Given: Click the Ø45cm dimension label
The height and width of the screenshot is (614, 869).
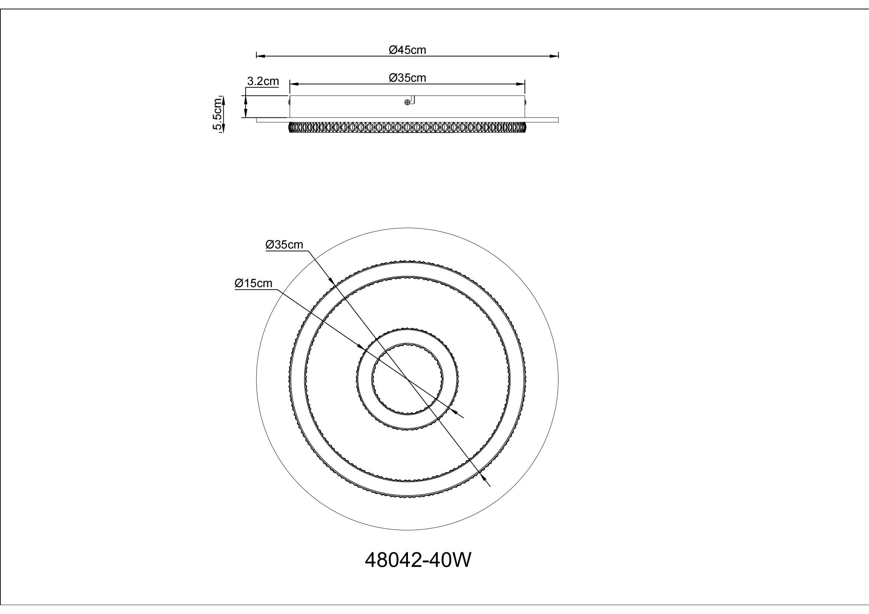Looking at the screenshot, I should (407, 49).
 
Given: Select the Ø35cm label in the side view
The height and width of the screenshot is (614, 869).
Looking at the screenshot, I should (407, 78).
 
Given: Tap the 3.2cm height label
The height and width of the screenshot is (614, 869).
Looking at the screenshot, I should (263, 81).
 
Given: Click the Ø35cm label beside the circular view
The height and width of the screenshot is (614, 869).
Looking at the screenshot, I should (284, 244).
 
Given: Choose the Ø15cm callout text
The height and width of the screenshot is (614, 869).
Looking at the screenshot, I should (253, 283).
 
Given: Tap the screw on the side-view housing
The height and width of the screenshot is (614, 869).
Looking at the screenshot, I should (407, 102).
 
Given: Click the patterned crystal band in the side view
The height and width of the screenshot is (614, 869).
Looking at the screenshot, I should (407, 127).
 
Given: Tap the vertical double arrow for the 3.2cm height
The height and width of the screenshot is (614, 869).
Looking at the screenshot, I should (246, 106).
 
